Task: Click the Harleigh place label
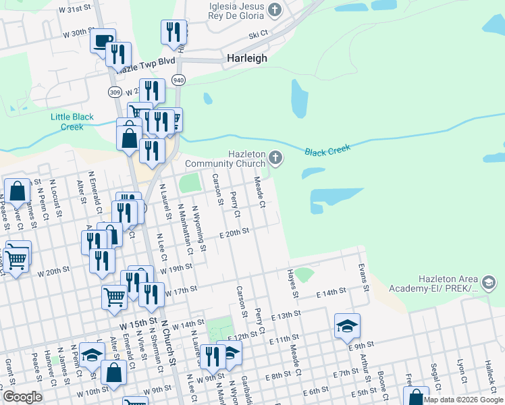tap(246, 58)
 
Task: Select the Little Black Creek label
tap(72, 122)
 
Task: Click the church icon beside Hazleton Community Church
tap(275, 158)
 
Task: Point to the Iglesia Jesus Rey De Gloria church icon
tap(274, 9)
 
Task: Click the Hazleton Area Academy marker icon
tap(489, 281)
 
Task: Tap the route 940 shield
tap(178, 80)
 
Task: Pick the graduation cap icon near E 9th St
tap(347, 327)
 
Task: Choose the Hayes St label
tap(292, 282)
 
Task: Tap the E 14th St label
tap(331, 291)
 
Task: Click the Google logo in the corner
tap(22, 397)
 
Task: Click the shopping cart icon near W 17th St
tap(114, 296)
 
